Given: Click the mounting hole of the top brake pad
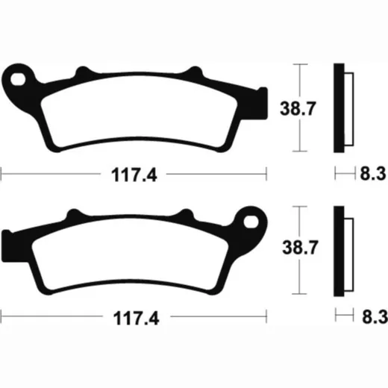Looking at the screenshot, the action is [18, 79].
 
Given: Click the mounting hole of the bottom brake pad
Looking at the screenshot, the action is [251, 222].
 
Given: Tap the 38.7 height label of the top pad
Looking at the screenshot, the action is [298, 109].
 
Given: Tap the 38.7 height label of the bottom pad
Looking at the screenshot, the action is [300, 248].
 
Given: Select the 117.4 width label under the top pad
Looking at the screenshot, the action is [134, 175].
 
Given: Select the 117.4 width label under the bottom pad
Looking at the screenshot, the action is [137, 318].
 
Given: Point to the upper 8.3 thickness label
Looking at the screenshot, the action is [373, 173].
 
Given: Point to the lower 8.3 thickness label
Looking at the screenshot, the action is [375, 316].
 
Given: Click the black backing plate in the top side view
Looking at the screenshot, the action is [339, 107].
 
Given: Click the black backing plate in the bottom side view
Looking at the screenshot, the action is [339, 251].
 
